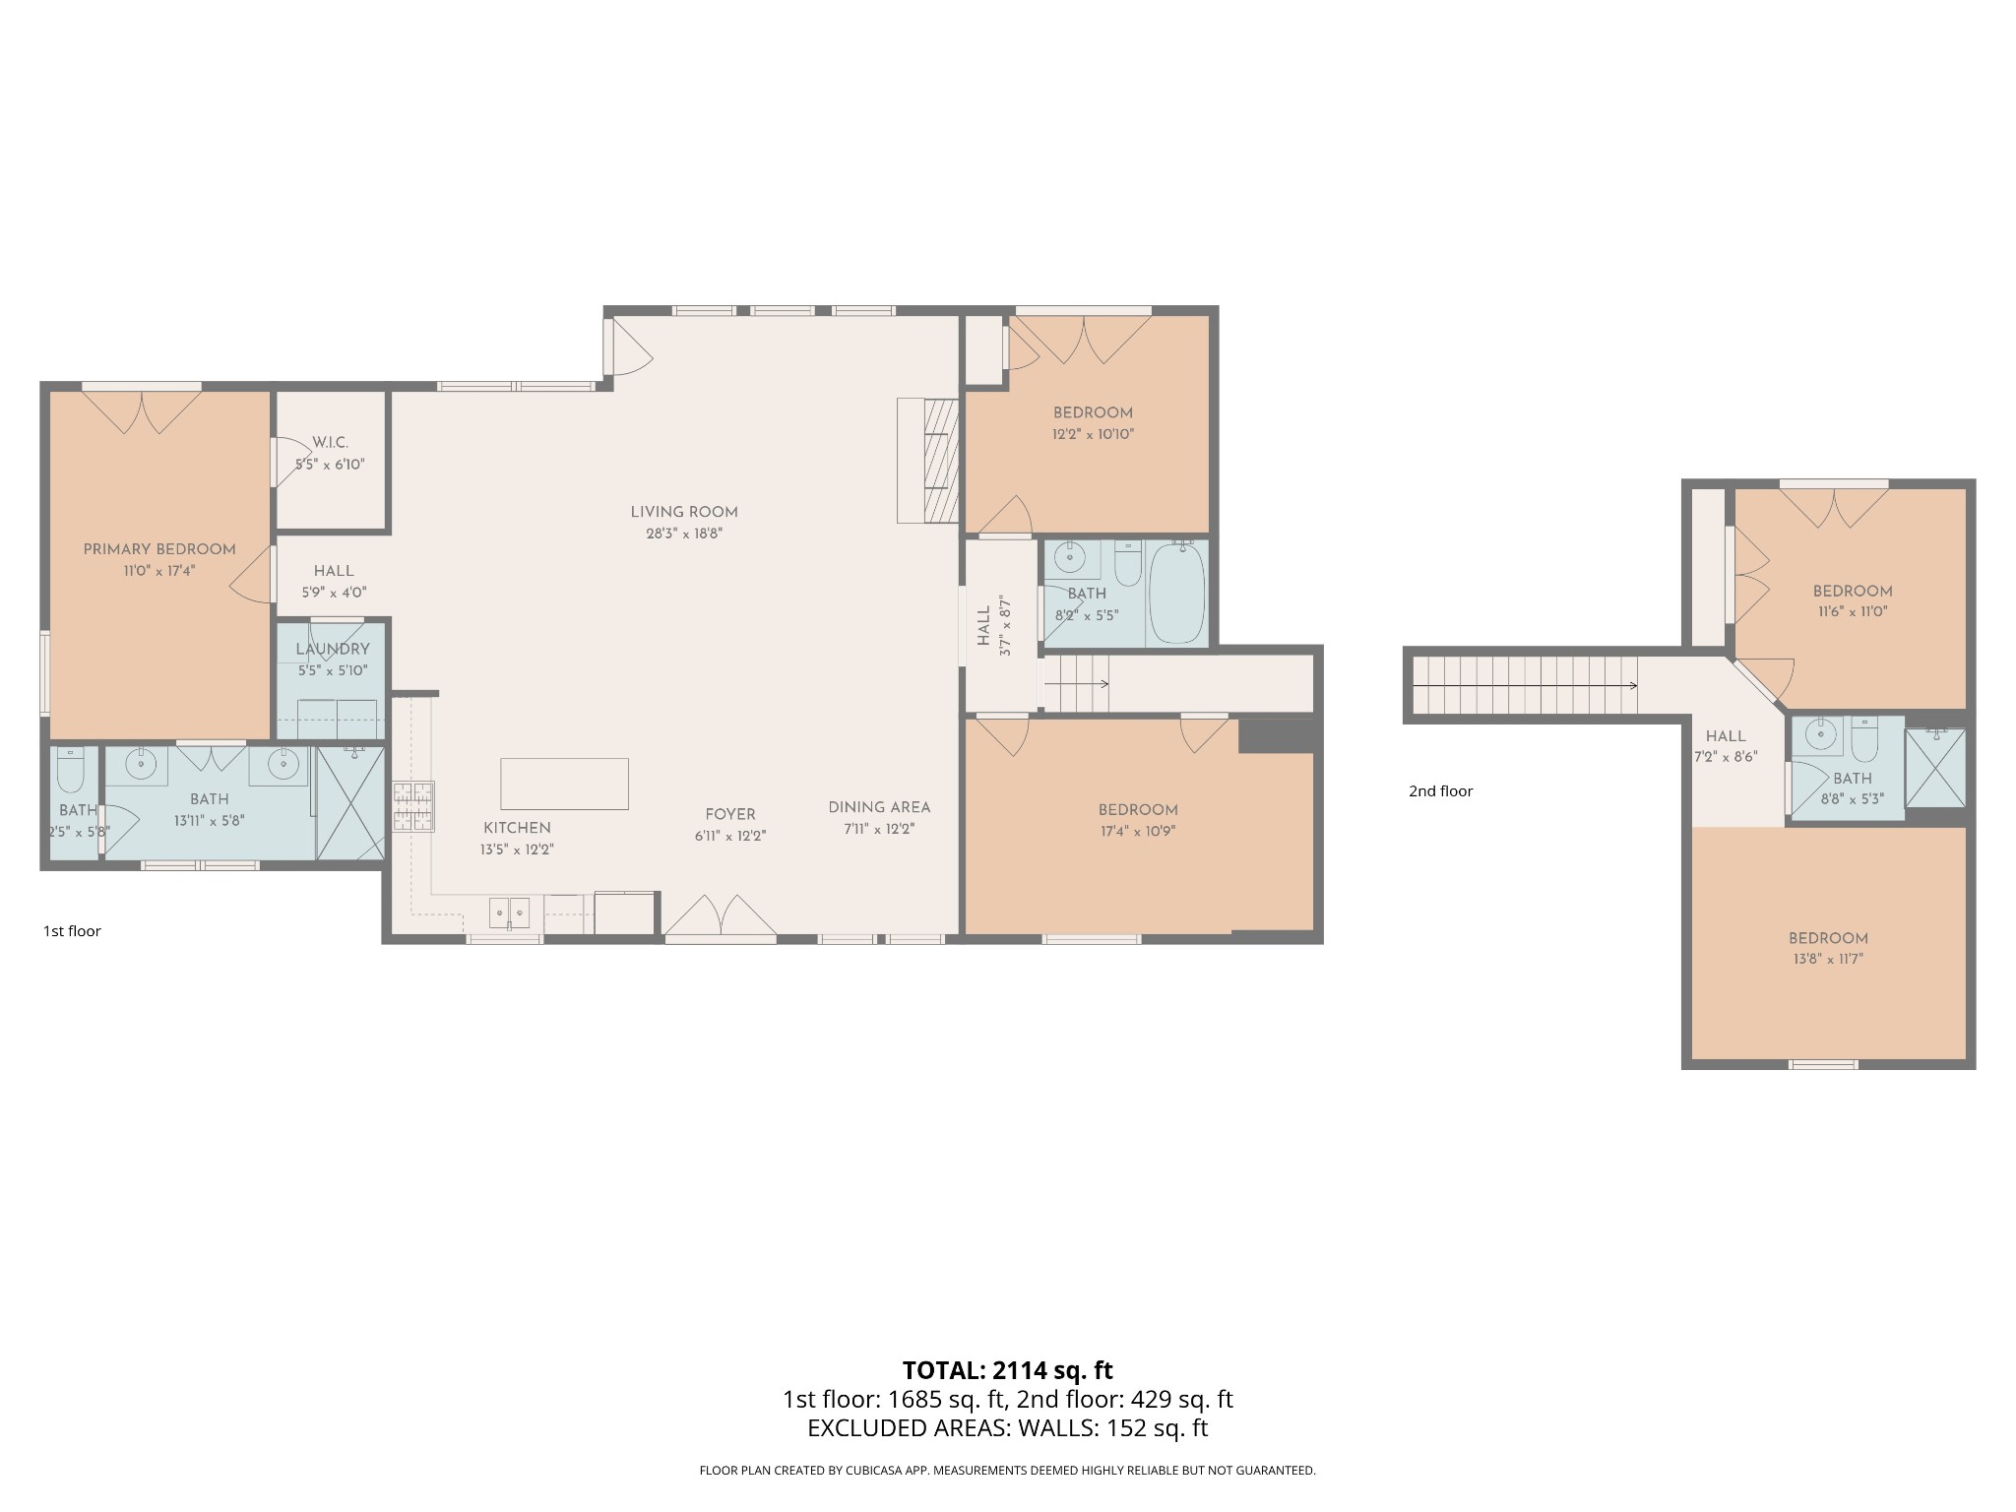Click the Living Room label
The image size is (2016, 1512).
point(684,512)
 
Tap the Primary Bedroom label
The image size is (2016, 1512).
point(159,549)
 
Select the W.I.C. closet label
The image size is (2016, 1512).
point(330,443)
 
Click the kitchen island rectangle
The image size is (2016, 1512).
point(564,784)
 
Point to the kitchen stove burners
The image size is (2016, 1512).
point(413,806)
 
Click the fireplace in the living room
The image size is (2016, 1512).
point(927,461)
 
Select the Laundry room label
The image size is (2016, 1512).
point(333,650)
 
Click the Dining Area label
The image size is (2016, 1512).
point(879,807)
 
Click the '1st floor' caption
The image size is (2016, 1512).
point(72,931)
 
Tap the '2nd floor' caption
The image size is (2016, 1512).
point(1440,791)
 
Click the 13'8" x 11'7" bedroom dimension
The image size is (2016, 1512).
point(1828,959)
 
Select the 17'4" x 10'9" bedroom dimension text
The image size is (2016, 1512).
point(1138,831)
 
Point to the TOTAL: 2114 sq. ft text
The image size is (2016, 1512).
point(1007,1370)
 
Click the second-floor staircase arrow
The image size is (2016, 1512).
point(1526,685)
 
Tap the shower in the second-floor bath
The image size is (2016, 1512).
point(1935,768)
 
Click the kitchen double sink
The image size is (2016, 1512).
point(510,913)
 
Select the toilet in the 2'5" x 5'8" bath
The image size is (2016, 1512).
point(71,770)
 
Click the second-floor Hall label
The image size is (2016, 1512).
point(1726,736)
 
